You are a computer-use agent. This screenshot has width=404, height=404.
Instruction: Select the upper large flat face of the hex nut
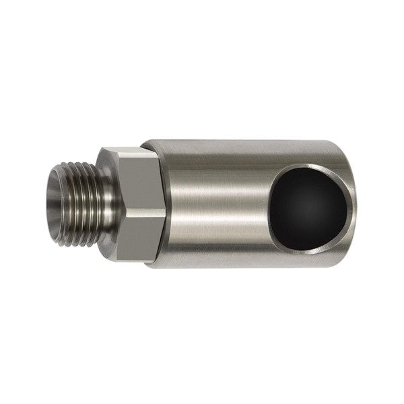point(138,182)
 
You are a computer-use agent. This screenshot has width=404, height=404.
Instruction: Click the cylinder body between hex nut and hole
point(215,202)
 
